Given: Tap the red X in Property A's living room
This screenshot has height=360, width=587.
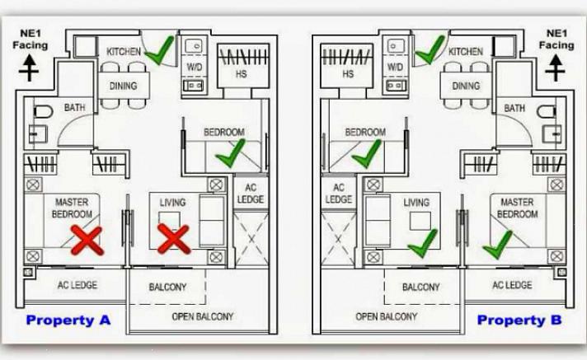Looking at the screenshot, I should (174, 239).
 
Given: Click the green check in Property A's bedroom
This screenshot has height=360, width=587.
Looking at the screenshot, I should (230, 152).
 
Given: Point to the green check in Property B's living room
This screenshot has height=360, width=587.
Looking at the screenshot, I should (423, 241).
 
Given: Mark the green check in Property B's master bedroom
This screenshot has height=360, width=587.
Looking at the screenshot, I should (498, 243).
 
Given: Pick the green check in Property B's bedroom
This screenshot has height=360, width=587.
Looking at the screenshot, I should (366, 152).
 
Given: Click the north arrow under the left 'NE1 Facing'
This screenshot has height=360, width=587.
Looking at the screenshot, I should (30, 67).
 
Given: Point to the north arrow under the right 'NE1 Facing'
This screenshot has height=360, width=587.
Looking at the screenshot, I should (557, 67).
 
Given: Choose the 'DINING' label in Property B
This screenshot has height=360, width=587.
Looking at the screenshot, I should (466, 86).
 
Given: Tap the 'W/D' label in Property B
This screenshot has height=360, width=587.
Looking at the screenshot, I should (395, 67).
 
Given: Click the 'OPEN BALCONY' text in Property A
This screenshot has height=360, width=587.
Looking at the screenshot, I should (202, 316).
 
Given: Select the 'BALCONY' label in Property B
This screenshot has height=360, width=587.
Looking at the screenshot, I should (420, 288).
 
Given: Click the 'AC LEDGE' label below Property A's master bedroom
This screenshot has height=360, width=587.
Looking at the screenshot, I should (77, 285).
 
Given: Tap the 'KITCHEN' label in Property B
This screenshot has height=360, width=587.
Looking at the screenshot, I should (466, 52).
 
